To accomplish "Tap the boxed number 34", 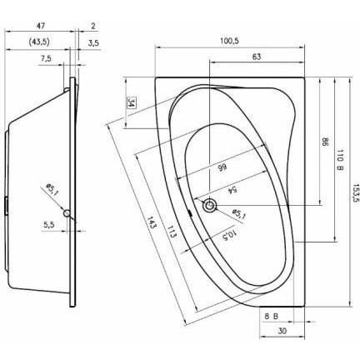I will point(132,103).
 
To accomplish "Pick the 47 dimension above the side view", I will point(39,27).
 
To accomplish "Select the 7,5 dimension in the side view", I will point(45,58).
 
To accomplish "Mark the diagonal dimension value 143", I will point(152,225).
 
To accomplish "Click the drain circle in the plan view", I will point(212,205).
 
